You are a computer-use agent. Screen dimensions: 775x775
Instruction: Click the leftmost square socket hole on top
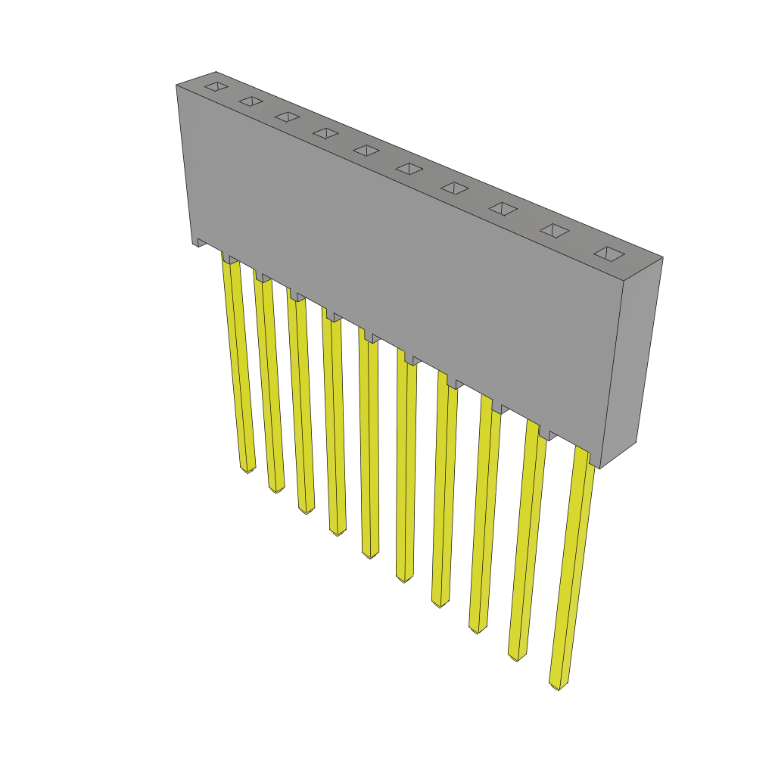[216, 86]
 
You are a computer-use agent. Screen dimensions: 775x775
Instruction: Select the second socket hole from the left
[251, 101]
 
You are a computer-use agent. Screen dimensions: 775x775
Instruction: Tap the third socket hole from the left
[287, 117]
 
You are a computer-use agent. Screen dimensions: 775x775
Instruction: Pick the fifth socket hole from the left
[366, 151]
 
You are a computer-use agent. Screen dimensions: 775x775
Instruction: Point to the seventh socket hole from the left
[455, 188]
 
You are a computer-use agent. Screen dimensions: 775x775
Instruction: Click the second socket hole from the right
[554, 231]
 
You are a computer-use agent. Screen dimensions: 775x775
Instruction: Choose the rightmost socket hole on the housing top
[609, 254]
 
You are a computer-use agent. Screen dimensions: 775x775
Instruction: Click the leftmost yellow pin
[238, 363]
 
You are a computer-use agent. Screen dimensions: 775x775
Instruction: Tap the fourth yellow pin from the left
[334, 424]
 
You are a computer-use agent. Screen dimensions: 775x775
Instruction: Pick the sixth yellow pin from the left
[406, 469]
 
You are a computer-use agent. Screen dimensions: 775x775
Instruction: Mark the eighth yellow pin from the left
[485, 515]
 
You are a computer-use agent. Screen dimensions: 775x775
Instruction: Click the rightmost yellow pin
[573, 568]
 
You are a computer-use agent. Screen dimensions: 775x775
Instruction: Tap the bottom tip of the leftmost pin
[247, 469]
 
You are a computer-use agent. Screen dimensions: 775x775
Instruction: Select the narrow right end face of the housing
[630, 363]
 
